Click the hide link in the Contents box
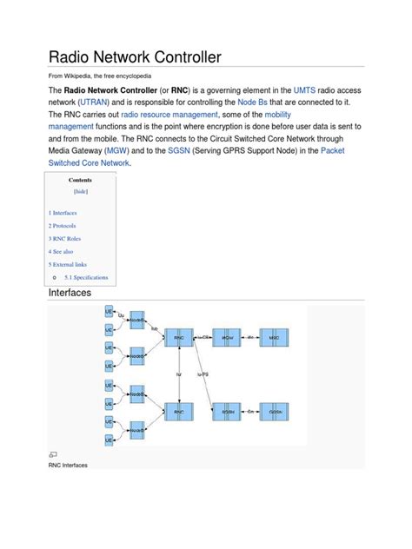(81, 191)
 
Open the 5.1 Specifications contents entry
(86, 278)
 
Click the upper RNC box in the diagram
(179, 337)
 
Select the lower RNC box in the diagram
(179, 411)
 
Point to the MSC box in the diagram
(274, 337)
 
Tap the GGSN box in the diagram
(276, 411)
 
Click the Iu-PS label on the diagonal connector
(205, 374)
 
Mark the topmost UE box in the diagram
(109, 310)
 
